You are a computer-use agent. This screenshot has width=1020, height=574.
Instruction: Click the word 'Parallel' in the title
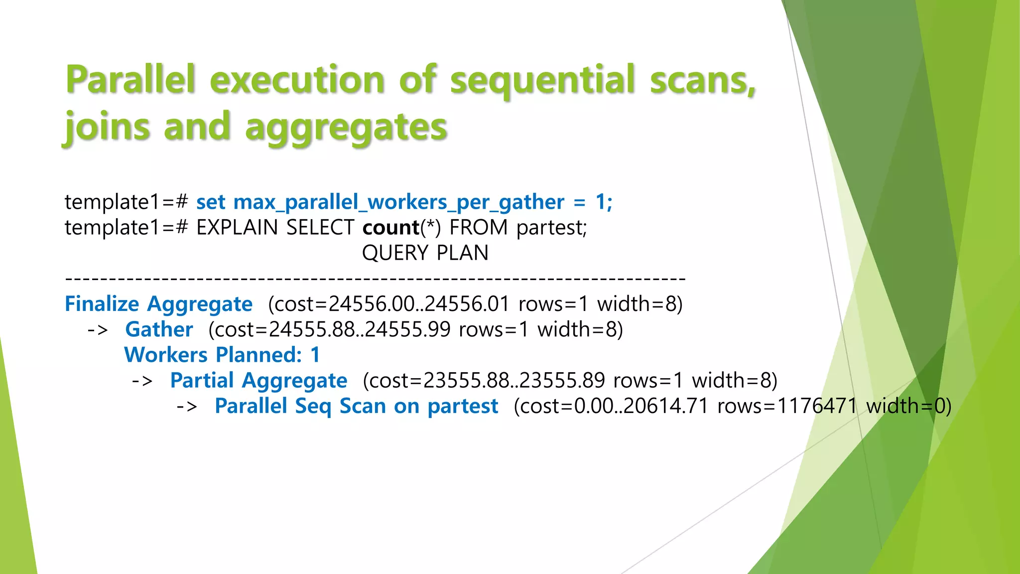click(130, 80)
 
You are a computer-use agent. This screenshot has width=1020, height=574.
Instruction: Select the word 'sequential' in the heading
click(542, 80)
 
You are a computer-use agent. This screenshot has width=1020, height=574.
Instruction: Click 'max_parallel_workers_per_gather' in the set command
click(398, 202)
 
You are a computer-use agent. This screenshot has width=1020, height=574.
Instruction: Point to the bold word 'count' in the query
click(391, 228)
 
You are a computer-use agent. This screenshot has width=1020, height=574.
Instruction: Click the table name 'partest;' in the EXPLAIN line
click(552, 228)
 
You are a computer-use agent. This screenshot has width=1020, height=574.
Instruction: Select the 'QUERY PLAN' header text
click(425, 253)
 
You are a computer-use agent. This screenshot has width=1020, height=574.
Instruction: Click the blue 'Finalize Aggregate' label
click(158, 304)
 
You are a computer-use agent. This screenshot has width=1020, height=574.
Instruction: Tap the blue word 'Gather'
click(159, 330)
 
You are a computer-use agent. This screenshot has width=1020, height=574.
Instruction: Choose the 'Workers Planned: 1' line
click(222, 355)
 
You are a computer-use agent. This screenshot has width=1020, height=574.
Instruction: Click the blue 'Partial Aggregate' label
click(258, 381)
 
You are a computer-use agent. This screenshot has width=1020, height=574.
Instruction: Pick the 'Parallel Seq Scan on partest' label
click(356, 406)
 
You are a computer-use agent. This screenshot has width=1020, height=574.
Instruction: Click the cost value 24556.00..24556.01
click(419, 304)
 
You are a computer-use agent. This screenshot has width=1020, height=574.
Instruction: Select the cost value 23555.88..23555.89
click(514, 381)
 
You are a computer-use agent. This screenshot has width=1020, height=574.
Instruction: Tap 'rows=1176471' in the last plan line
click(787, 406)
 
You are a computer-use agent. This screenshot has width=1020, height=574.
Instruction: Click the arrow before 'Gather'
click(98, 330)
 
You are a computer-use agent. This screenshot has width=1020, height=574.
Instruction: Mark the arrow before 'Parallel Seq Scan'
click(187, 406)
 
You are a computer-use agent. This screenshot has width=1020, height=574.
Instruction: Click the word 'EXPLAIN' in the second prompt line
click(237, 228)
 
